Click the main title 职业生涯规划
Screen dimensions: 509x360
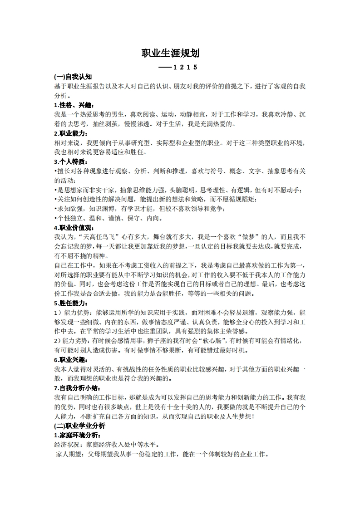(170, 53)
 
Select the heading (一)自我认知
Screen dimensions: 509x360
(73, 77)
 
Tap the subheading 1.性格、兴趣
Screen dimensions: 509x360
(69, 105)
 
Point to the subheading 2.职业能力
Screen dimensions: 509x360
(69, 133)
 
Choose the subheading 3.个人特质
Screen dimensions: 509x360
(69, 162)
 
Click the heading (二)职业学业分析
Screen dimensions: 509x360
(79, 426)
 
